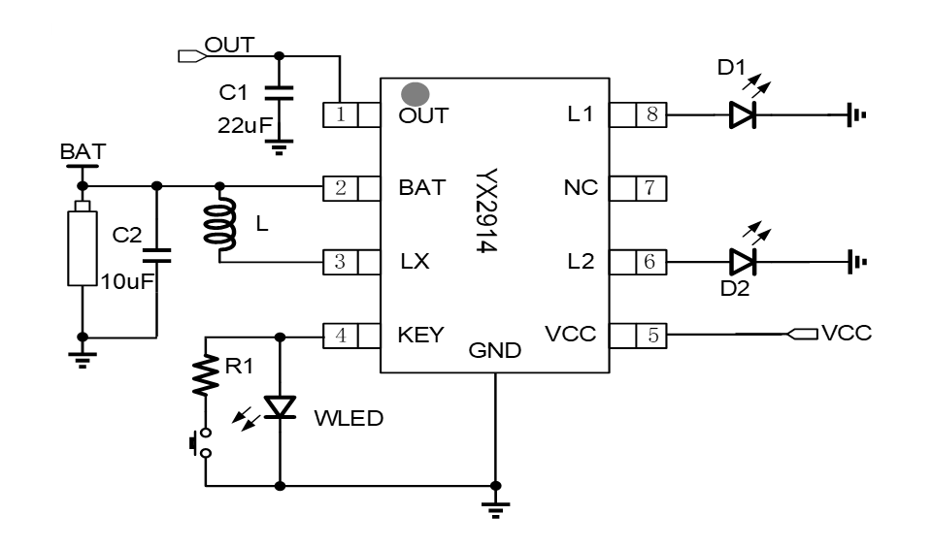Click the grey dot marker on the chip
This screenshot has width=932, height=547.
point(416,93)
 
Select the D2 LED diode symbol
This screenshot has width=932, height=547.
point(742,261)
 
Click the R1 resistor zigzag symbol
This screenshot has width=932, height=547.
point(206,373)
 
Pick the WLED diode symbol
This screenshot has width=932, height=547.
point(280,406)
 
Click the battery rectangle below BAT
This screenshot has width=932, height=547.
point(83,249)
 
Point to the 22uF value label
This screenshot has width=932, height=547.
point(245,125)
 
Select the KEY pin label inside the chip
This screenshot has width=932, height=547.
point(420,336)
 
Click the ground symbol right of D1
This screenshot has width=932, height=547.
point(854,115)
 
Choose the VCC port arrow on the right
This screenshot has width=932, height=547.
point(802,336)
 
